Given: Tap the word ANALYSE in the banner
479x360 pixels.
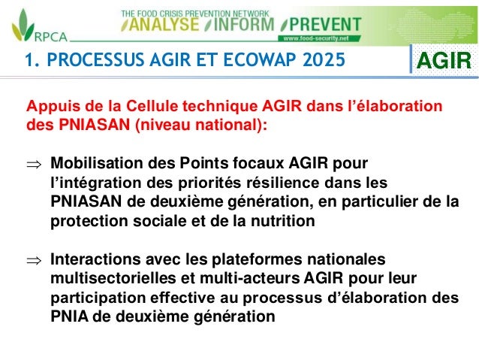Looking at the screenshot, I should tap(163, 24).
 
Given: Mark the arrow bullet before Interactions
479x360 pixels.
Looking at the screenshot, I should tap(35, 260).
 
